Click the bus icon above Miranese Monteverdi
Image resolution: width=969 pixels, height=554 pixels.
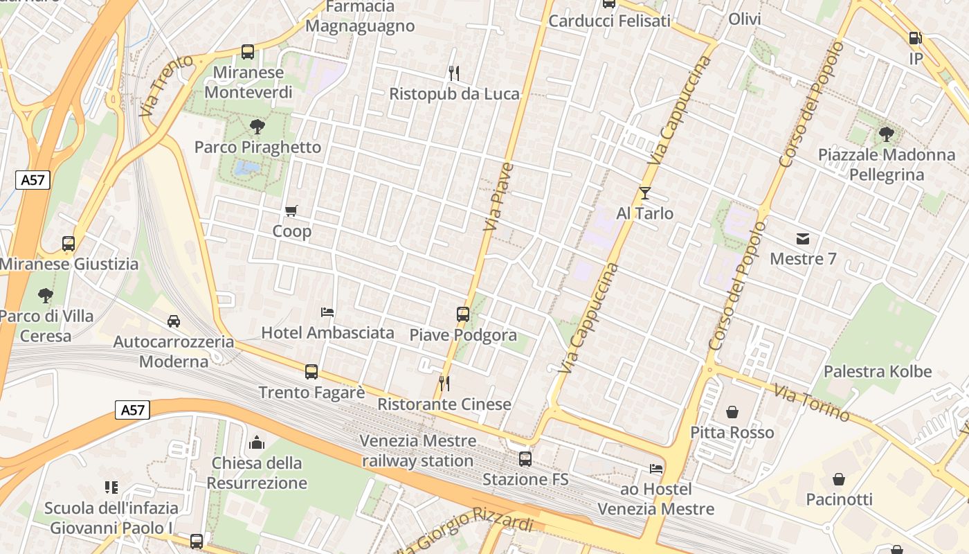[247, 51]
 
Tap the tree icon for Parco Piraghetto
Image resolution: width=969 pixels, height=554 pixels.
[257, 127]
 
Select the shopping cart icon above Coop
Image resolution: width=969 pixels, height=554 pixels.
[291, 211]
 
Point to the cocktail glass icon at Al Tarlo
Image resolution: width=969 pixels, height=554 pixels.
[645, 193]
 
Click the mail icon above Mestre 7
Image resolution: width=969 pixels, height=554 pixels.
[803, 239]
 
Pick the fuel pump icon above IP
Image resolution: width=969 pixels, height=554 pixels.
[916, 39]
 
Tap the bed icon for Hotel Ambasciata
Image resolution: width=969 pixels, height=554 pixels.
[327, 312]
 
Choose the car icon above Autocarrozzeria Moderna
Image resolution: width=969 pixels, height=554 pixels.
[174, 321]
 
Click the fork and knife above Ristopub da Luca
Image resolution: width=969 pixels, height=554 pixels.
[454, 73]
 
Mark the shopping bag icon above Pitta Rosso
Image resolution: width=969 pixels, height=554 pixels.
[732, 413]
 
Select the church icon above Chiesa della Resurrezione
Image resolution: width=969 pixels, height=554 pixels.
[257, 443]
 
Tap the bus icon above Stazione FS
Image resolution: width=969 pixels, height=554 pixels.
[525, 458]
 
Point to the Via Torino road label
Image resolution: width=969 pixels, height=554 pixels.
[812, 403]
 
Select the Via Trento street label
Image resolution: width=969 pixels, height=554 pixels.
[156, 85]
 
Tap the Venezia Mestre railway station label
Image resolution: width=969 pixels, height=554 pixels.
[418, 451]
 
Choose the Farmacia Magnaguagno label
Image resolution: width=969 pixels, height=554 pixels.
[360, 17]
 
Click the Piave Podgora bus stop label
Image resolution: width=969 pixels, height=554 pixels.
[463, 335]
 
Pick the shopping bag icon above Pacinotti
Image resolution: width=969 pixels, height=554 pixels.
[839, 479]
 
